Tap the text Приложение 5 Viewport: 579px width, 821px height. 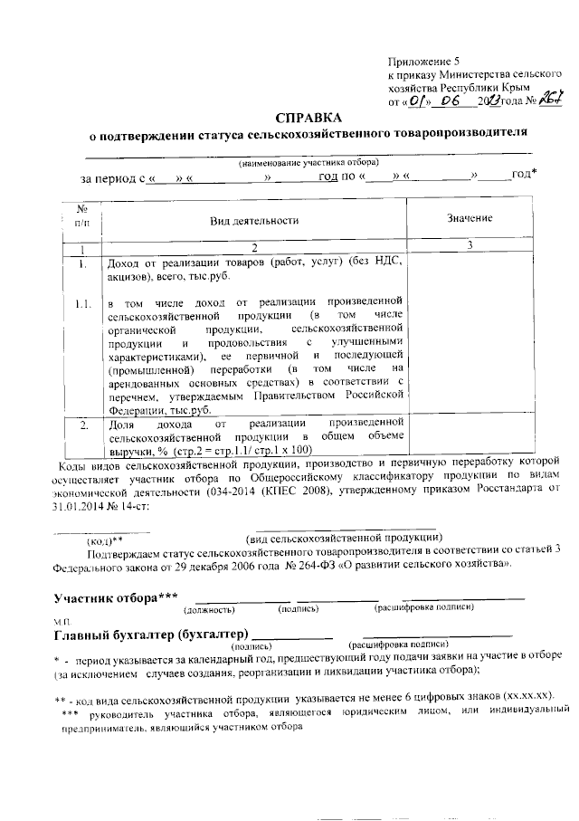coord(422,60)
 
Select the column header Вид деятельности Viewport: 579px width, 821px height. coord(254,220)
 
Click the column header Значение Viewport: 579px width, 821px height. coord(469,219)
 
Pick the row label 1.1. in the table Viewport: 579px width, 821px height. coord(82,302)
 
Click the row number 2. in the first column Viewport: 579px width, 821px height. coord(82,423)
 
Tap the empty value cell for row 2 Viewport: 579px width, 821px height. coord(469,434)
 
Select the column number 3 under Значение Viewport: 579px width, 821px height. coord(469,247)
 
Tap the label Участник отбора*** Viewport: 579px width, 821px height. coord(116,598)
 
